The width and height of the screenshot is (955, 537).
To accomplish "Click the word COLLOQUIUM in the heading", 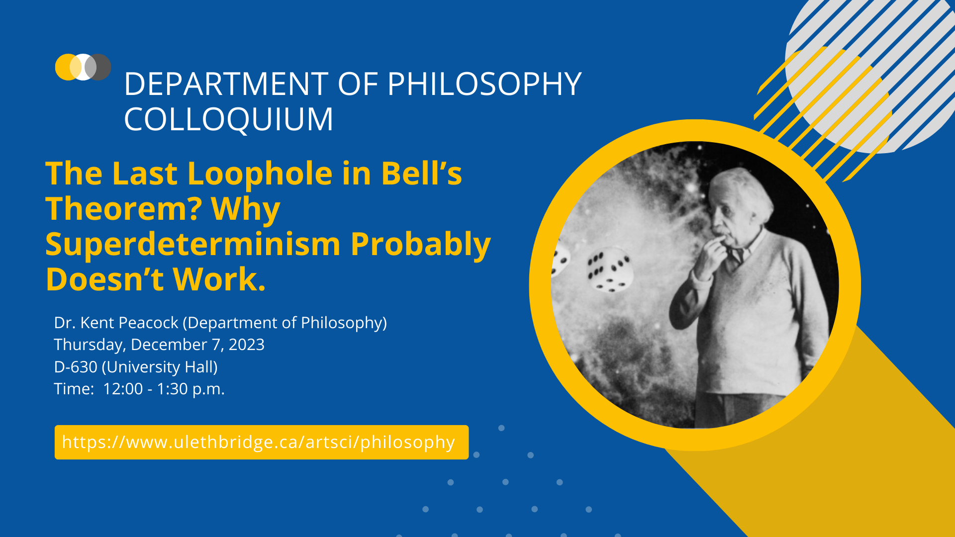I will [x=228, y=119].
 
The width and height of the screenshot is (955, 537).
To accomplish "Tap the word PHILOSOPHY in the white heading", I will [x=484, y=84].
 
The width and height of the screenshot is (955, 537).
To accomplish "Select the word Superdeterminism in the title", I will [x=193, y=244].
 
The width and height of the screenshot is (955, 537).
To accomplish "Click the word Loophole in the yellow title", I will [x=260, y=174].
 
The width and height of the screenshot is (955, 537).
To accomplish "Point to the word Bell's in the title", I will [x=421, y=174].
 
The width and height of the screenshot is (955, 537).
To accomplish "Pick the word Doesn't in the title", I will [x=104, y=279].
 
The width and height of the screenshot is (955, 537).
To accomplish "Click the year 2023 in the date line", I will [x=246, y=345].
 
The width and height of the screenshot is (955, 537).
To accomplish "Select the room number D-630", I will [x=76, y=367].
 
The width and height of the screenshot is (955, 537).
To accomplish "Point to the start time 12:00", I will [x=123, y=389].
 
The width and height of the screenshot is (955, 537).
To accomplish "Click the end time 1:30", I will [x=172, y=389].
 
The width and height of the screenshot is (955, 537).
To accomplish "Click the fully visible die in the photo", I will [x=609, y=272].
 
